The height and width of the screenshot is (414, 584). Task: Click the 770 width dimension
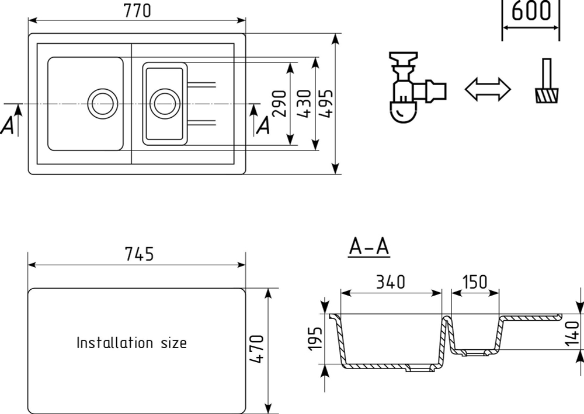(x=137, y=10)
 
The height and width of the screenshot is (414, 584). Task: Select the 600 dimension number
(x=531, y=10)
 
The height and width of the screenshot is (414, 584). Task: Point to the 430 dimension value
(x=304, y=103)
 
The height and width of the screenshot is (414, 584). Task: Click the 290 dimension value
(x=280, y=103)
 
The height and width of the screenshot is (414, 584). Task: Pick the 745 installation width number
(x=139, y=254)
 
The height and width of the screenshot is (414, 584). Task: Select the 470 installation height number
(x=256, y=349)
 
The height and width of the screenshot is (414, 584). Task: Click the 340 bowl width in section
(x=390, y=282)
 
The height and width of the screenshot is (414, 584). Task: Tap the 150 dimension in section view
(x=474, y=282)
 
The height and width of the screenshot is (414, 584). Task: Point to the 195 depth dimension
(x=315, y=339)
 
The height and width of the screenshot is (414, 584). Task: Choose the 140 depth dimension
(x=573, y=334)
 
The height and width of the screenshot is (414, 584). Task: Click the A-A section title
(x=369, y=247)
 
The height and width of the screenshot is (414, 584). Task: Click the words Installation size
(x=131, y=343)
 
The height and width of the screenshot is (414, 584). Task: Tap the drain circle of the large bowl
(x=102, y=104)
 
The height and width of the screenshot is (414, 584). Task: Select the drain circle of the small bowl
(x=165, y=104)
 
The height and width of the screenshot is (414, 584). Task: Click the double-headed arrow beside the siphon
(x=488, y=89)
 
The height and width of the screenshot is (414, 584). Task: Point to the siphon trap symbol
(x=417, y=87)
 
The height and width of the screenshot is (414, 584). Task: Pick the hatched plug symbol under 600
(x=547, y=80)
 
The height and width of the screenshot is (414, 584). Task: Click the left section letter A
(x=8, y=125)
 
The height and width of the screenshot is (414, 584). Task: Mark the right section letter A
(x=264, y=125)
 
